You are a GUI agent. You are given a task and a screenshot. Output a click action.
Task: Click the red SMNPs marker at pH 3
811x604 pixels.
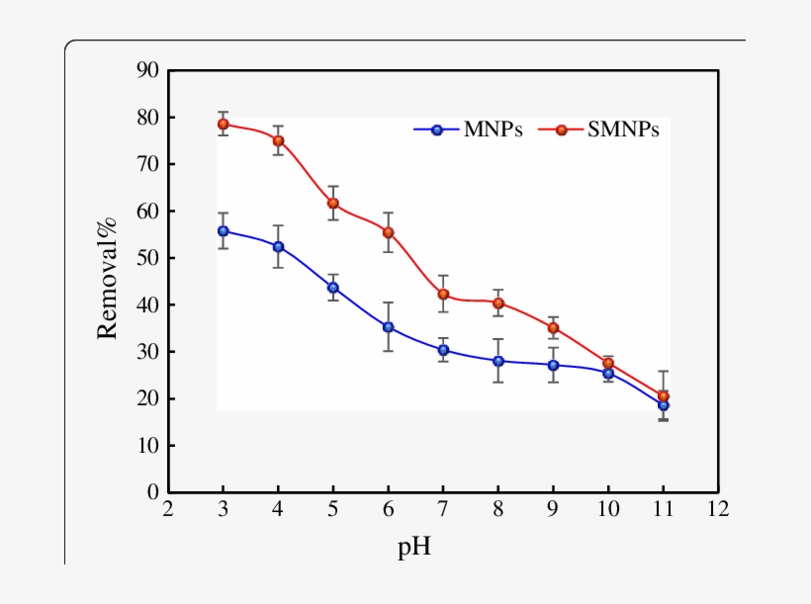coord(224,125)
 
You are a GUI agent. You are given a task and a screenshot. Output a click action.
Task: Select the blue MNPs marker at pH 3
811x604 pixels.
coord(224,231)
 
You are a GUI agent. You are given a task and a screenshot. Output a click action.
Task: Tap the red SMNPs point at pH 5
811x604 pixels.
coord(333,204)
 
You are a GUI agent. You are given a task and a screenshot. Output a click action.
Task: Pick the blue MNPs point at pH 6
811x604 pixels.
coord(389,327)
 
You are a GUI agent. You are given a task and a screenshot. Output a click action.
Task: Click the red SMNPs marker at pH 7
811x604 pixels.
coord(444,295)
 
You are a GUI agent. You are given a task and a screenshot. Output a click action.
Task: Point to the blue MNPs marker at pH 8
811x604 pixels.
coord(498,361)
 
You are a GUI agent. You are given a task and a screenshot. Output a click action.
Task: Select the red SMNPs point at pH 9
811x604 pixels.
coord(554,328)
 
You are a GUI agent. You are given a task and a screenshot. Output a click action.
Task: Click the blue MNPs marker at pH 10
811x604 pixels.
coord(608,374)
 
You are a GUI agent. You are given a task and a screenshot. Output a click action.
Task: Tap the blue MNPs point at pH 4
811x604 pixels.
coord(279,247)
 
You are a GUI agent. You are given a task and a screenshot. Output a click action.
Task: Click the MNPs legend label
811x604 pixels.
coord(493,129)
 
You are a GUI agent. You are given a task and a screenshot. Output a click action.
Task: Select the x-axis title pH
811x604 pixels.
coord(414,546)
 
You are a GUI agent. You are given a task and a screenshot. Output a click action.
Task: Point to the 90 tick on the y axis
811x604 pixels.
coord(147,70)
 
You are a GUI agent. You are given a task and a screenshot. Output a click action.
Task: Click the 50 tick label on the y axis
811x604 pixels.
coord(147,258)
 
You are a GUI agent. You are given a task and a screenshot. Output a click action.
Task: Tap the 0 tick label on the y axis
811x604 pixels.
coord(153,492)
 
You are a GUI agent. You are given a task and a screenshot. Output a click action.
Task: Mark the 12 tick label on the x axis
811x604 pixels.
coord(718,509)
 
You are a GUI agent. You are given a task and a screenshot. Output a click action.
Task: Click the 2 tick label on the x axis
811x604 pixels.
coord(168,509)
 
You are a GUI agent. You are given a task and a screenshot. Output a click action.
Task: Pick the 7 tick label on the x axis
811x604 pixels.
coord(444,509)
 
